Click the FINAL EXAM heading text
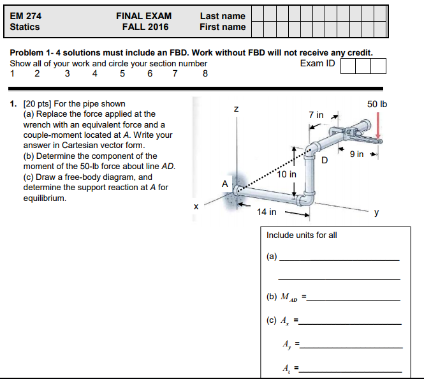coord(143,15)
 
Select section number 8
coord(205,73)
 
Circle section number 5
coord(122,73)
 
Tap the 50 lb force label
coord(377,104)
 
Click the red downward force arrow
coord(379,124)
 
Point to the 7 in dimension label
coord(316,115)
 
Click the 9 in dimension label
coord(356,154)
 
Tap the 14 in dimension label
coord(267,212)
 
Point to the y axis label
coord(377,213)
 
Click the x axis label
coord(196,206)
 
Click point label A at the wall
coord(224,184)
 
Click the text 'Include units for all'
coord(302,235)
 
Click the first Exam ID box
coord(348,65)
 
